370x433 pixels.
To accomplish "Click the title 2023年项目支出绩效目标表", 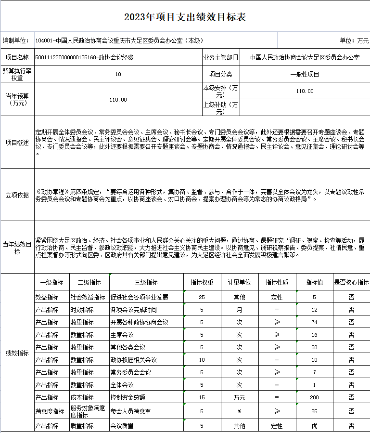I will click(185, 17).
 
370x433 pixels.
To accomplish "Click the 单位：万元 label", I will click(354, 40).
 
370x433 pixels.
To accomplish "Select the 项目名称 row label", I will click(17, 57).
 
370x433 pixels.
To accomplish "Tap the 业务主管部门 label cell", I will click(221, 57).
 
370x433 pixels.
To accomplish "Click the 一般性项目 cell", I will click(305, 74).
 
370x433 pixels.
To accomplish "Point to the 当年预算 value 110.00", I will click(118, 100).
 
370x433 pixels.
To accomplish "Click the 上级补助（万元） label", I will click(220, 108).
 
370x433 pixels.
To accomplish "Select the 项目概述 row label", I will click(17, 143).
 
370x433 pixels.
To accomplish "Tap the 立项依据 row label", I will click(17, 195).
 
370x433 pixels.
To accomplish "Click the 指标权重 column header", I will click(202, 282).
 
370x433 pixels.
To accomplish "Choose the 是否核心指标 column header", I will click(351, 282).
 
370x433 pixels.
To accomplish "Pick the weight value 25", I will click(202, 297).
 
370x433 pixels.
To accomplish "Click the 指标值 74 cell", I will click(315, 322).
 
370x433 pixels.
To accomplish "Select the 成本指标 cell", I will click(82, 397).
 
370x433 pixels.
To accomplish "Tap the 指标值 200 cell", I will click(315, 397).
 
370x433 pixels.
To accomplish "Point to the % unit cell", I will click(239, 411).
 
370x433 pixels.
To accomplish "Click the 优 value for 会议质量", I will click(315, 426).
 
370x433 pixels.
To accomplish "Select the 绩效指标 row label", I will click(17, 353).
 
